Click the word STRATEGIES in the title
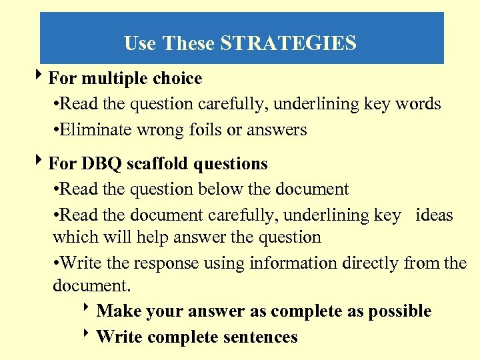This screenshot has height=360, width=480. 288,44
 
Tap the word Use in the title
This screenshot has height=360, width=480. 140,44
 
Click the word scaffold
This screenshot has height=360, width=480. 163,163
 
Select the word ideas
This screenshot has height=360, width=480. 434,215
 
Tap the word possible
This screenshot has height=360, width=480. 401,311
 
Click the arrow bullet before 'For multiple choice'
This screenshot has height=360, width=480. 41,77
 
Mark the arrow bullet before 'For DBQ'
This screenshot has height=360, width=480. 41,162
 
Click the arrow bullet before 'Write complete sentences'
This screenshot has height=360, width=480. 89,335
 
